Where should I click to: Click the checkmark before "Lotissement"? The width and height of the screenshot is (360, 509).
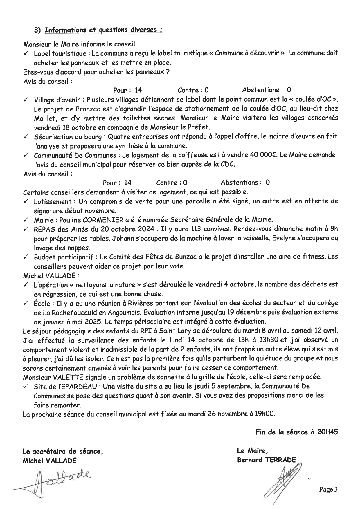(26, 201)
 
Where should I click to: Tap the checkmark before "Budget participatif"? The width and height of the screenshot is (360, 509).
(26, 257)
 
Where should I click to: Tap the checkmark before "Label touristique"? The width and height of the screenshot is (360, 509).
(26, 53)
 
